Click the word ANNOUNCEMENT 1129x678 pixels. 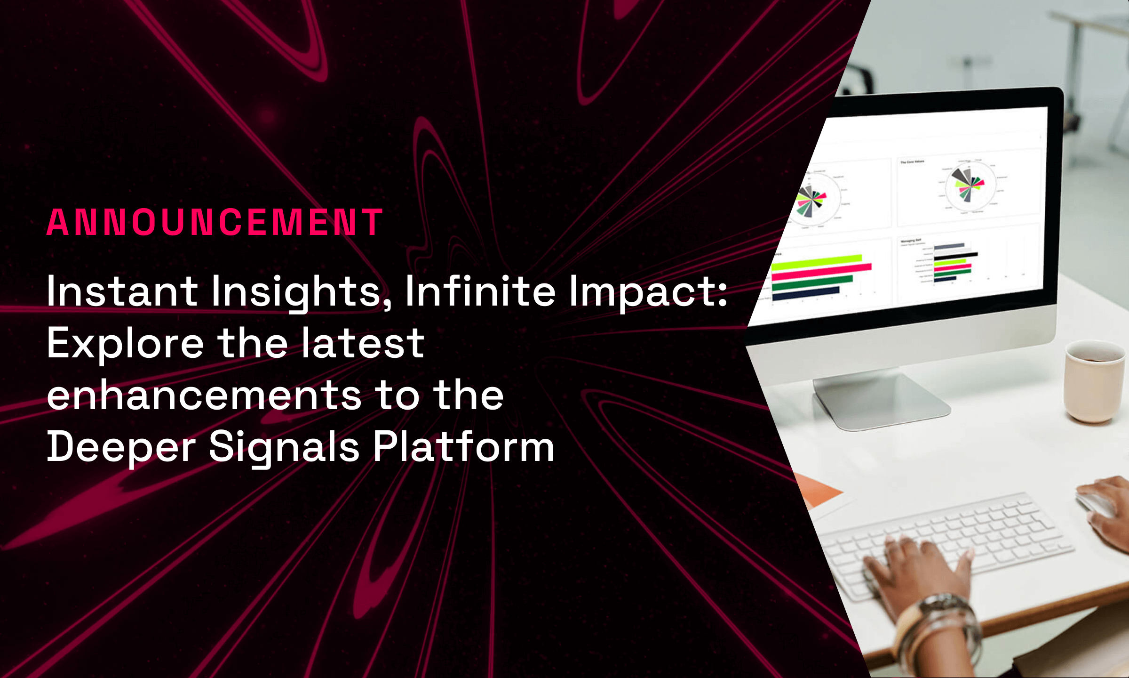tap(215, 222)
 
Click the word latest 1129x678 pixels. tap(363, 343)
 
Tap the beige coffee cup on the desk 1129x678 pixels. tap(1094, 381)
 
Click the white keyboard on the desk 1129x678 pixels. tap(946, 541)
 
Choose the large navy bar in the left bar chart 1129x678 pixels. tap(805, 293)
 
